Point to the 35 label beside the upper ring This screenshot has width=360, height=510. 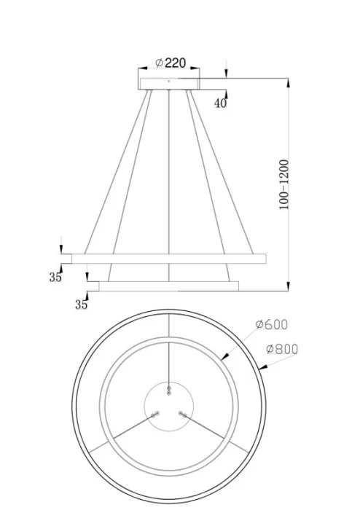[55, 277]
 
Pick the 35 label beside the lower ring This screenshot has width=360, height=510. [81, 305]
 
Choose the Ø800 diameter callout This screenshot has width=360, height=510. [281, 349]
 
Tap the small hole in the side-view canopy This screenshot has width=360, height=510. [168, 82]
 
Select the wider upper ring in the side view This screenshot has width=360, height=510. [168, 259]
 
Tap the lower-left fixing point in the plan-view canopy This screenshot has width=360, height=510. [154, 414]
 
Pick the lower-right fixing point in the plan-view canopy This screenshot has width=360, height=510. [182, 414]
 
